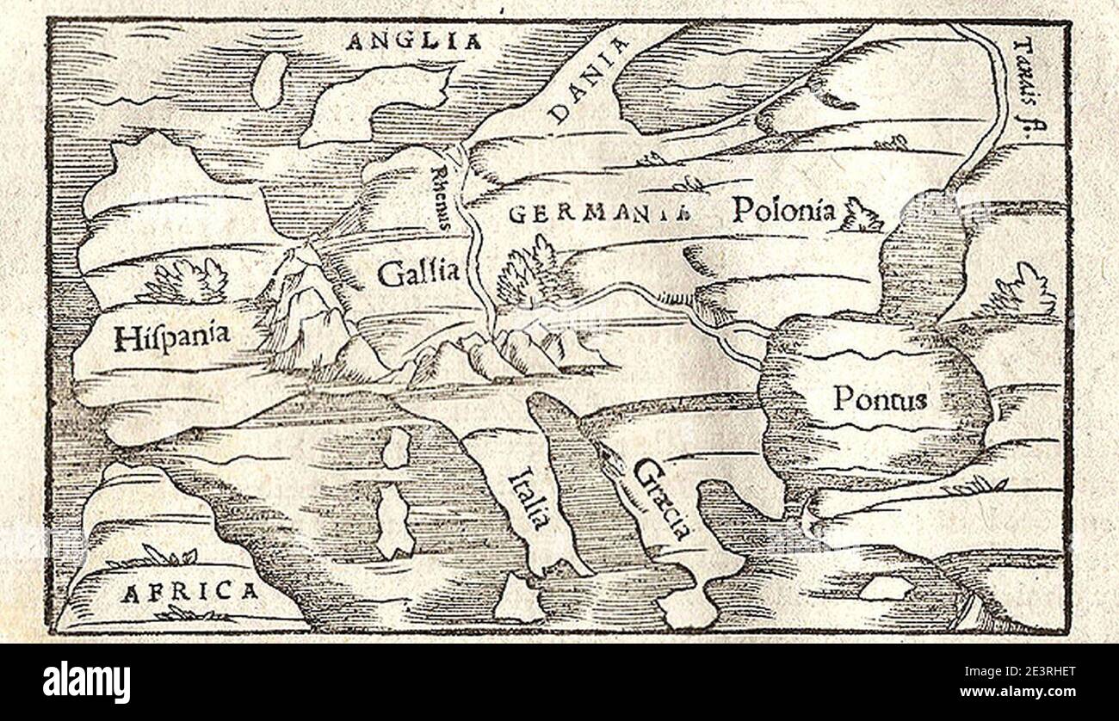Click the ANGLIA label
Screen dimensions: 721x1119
click(413, 40)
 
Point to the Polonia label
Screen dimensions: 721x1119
click(783, 209)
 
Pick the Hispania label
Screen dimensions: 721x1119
click(171, 336)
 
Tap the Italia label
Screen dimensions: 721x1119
click(529, 498)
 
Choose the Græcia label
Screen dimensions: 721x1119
click(661, 497)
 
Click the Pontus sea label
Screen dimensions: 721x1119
click(879, 398)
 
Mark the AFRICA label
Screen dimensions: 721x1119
click(189, 592)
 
